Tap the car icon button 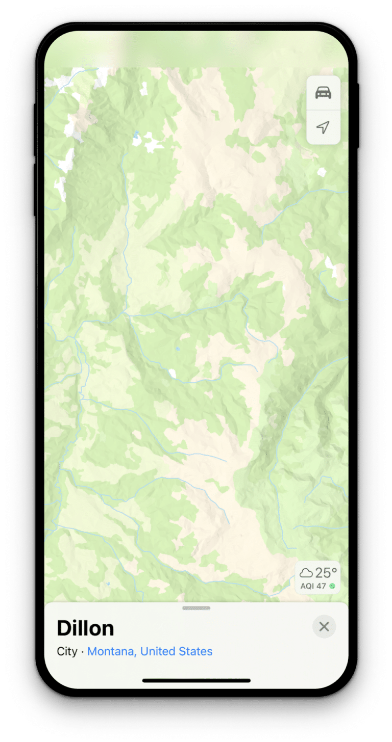[x=323, y=93]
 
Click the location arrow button [x=323, y=127]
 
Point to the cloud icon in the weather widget [x=306, y=573]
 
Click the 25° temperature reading [x=326, y=573]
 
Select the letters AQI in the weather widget [x=307, y=586]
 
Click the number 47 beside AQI [x=321, y=586]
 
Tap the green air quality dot [x=332, y=586]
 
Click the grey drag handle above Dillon [x=196, y=608]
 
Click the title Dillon [x=85, y=628]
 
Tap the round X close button [x=324, y=626]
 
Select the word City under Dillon [x=67, y=651]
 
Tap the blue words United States [x=176, y=651]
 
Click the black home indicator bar [x=196, y=680]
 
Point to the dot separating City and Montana [x=83, y=651]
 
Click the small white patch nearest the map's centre [x=173, y=374]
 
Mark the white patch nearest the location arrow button [x=321, y=172]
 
